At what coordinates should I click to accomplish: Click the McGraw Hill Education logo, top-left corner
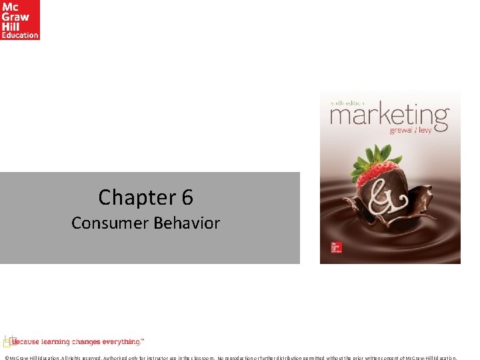coord(20,20)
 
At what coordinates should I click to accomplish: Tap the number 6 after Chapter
coord(187,197)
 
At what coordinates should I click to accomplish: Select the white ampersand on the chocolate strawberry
coord(383,200)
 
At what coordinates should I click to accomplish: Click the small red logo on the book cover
coord(337,248)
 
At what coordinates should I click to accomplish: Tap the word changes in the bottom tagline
coord(86,342)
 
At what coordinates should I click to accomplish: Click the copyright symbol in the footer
coord(6,357)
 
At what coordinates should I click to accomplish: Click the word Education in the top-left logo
coord(20,35)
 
